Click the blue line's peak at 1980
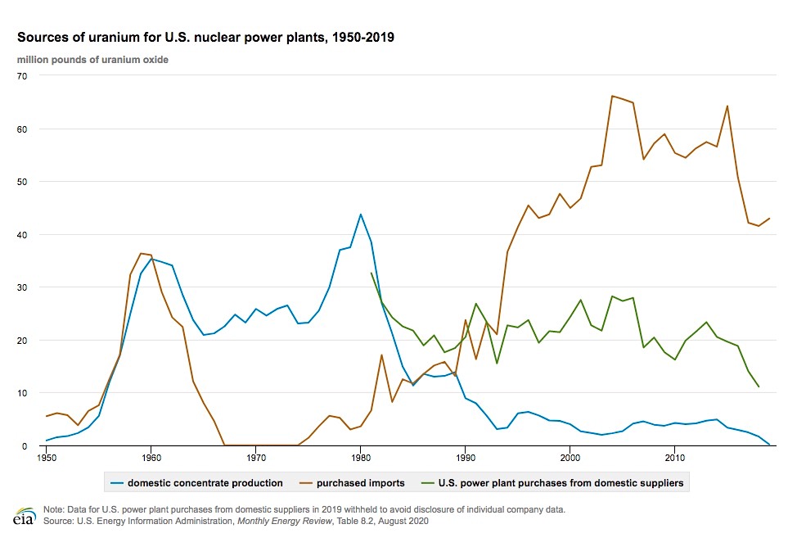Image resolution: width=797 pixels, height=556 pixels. (360, 215)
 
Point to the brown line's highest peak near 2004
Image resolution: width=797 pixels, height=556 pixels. (612, 96)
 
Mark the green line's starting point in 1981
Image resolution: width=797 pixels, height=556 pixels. (371, 273)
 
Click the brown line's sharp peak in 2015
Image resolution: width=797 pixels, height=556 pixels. (727, 106)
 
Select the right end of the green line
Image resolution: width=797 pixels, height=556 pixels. (759, 386)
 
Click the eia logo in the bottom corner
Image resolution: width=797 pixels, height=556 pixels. (22, 518)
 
